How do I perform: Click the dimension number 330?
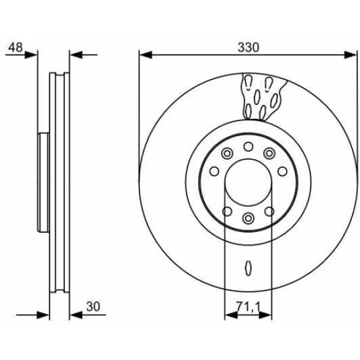click(248, 47)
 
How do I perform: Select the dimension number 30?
click(93, 307)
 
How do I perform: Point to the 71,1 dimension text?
click(247, 307)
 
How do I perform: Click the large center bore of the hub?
click(248, 182)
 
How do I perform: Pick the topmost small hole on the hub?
click(248, 147)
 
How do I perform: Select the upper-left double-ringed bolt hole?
click(227, 152)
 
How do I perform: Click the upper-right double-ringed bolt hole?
click(269, 152)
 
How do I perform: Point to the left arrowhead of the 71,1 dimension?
click(229, 315)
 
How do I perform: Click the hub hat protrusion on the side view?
click(43, 183)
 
